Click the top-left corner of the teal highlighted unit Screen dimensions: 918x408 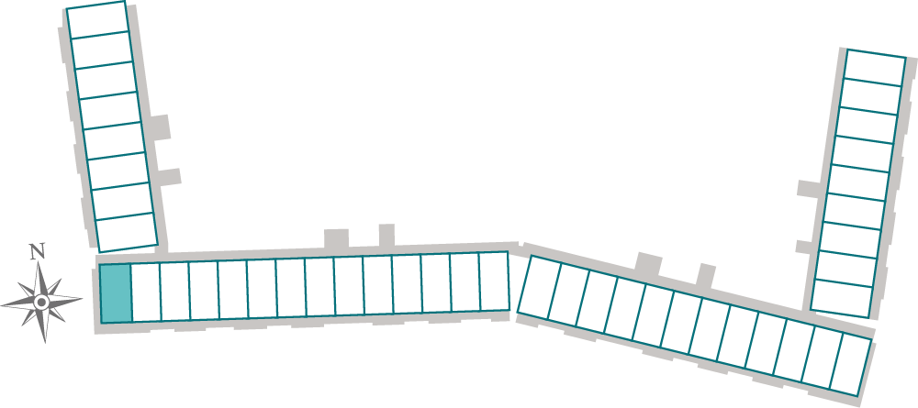tap(99, 265)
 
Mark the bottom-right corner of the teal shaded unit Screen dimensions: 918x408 tap(132, 322)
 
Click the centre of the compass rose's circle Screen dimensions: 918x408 tap(41, 303)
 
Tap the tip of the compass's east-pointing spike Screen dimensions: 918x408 tap(82, 299)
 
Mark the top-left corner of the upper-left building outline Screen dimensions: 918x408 tap(66, 8)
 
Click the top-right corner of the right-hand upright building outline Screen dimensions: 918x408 tap(906, 58)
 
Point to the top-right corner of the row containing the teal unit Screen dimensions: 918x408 tap(507, 252)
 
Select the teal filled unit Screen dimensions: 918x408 tap(116, 292)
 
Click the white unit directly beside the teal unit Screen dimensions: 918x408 tap(146, 292)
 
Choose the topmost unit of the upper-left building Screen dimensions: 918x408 tap(98, 20)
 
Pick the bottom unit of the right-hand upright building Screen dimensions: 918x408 tap(843, 298)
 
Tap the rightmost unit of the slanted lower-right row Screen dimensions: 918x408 tap(851, 364)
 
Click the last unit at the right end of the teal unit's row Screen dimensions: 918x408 tap(495, 281)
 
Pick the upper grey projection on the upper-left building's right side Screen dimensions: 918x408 tap(158, 127)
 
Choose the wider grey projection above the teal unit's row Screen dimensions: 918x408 tap(336, 238)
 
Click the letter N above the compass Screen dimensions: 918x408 tap(38, 252)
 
